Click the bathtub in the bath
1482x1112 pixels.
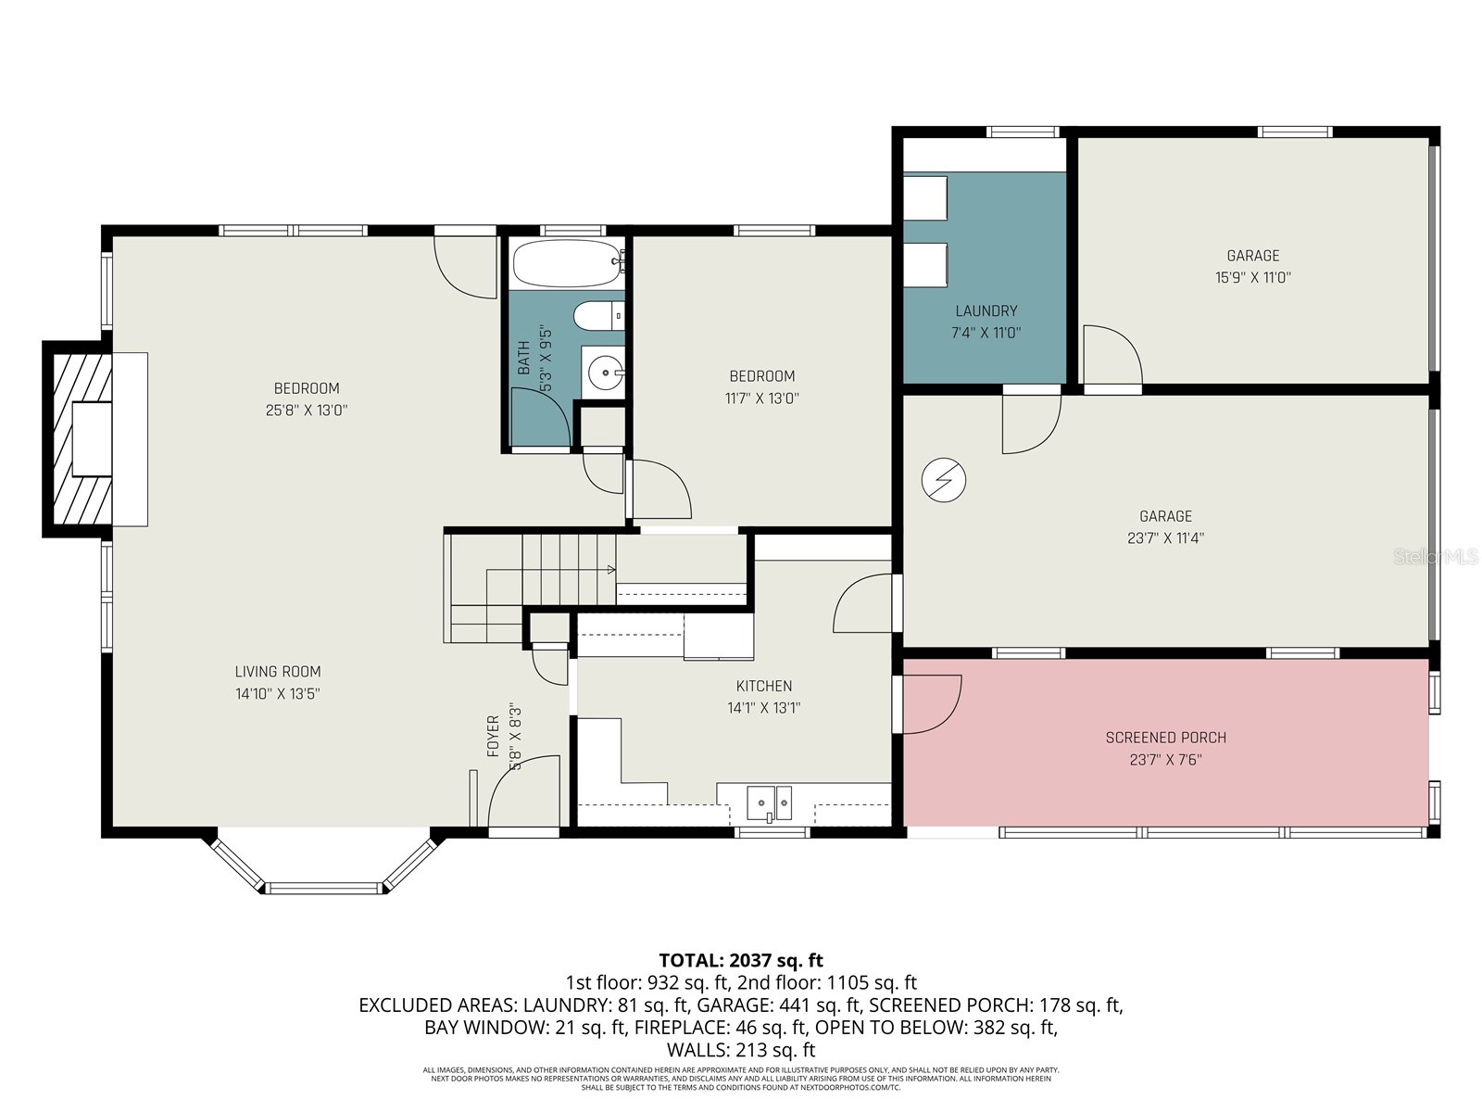coord(566,264)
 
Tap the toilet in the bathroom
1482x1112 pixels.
coord(597,317)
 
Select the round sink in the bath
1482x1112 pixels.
coord(604,375)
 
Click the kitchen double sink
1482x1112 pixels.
coord(770,802)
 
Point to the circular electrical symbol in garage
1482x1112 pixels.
coord(943,480)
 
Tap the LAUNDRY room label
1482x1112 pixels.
coord(986,311)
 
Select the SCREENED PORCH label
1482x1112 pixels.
coord(1165,738)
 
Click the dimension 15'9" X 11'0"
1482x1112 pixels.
coord(1253,277)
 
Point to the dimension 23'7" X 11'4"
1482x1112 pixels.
coord(1165,537)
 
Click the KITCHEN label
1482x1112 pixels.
coord(763,686)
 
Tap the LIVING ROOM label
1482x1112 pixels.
coord(277,672)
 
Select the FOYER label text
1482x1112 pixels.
coord(493,736)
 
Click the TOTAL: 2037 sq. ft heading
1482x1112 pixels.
coord(740,960)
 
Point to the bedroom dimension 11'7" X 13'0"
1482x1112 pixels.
coord(761,398)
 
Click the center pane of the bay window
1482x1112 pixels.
coord(324,888)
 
